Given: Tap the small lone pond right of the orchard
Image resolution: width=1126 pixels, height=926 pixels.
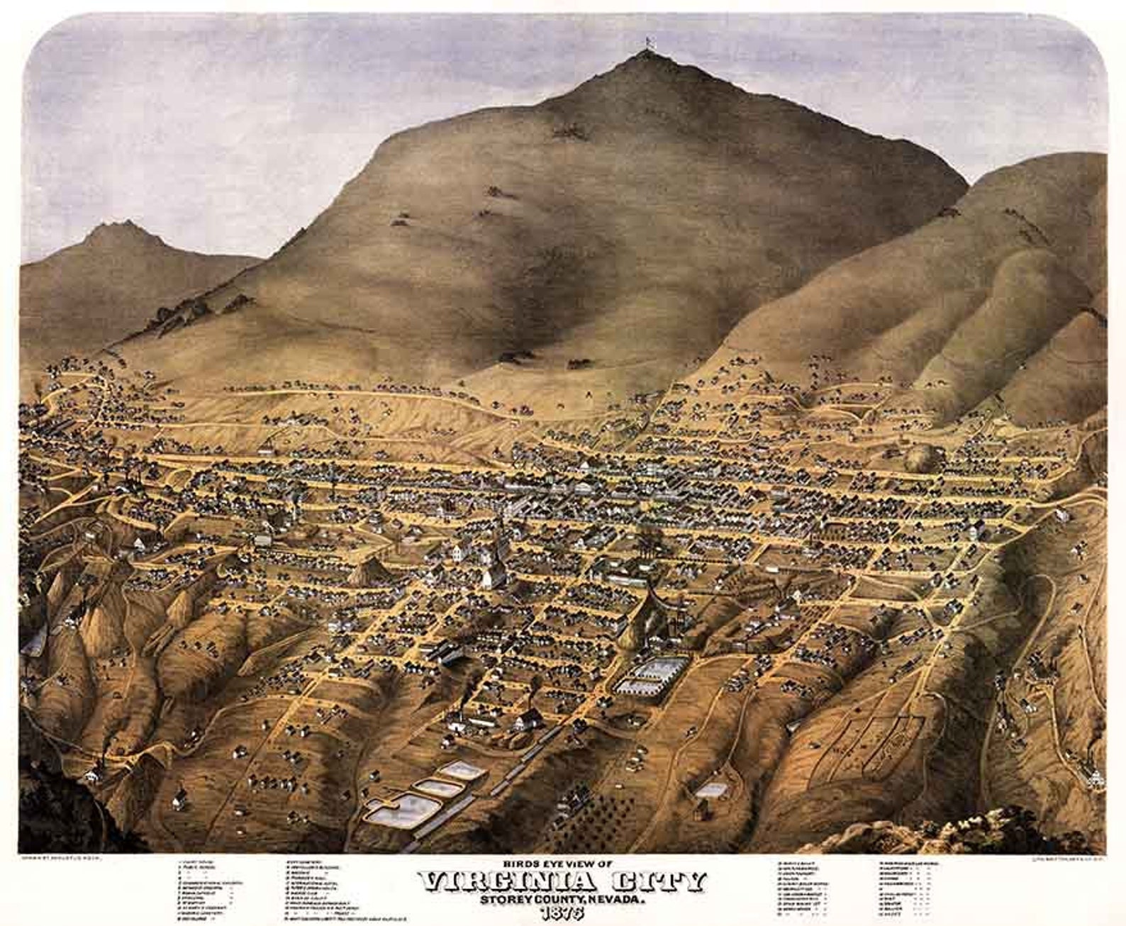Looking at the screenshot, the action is pos(710,789).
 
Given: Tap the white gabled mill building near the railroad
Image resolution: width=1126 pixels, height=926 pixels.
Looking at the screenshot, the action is pos(527,720).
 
